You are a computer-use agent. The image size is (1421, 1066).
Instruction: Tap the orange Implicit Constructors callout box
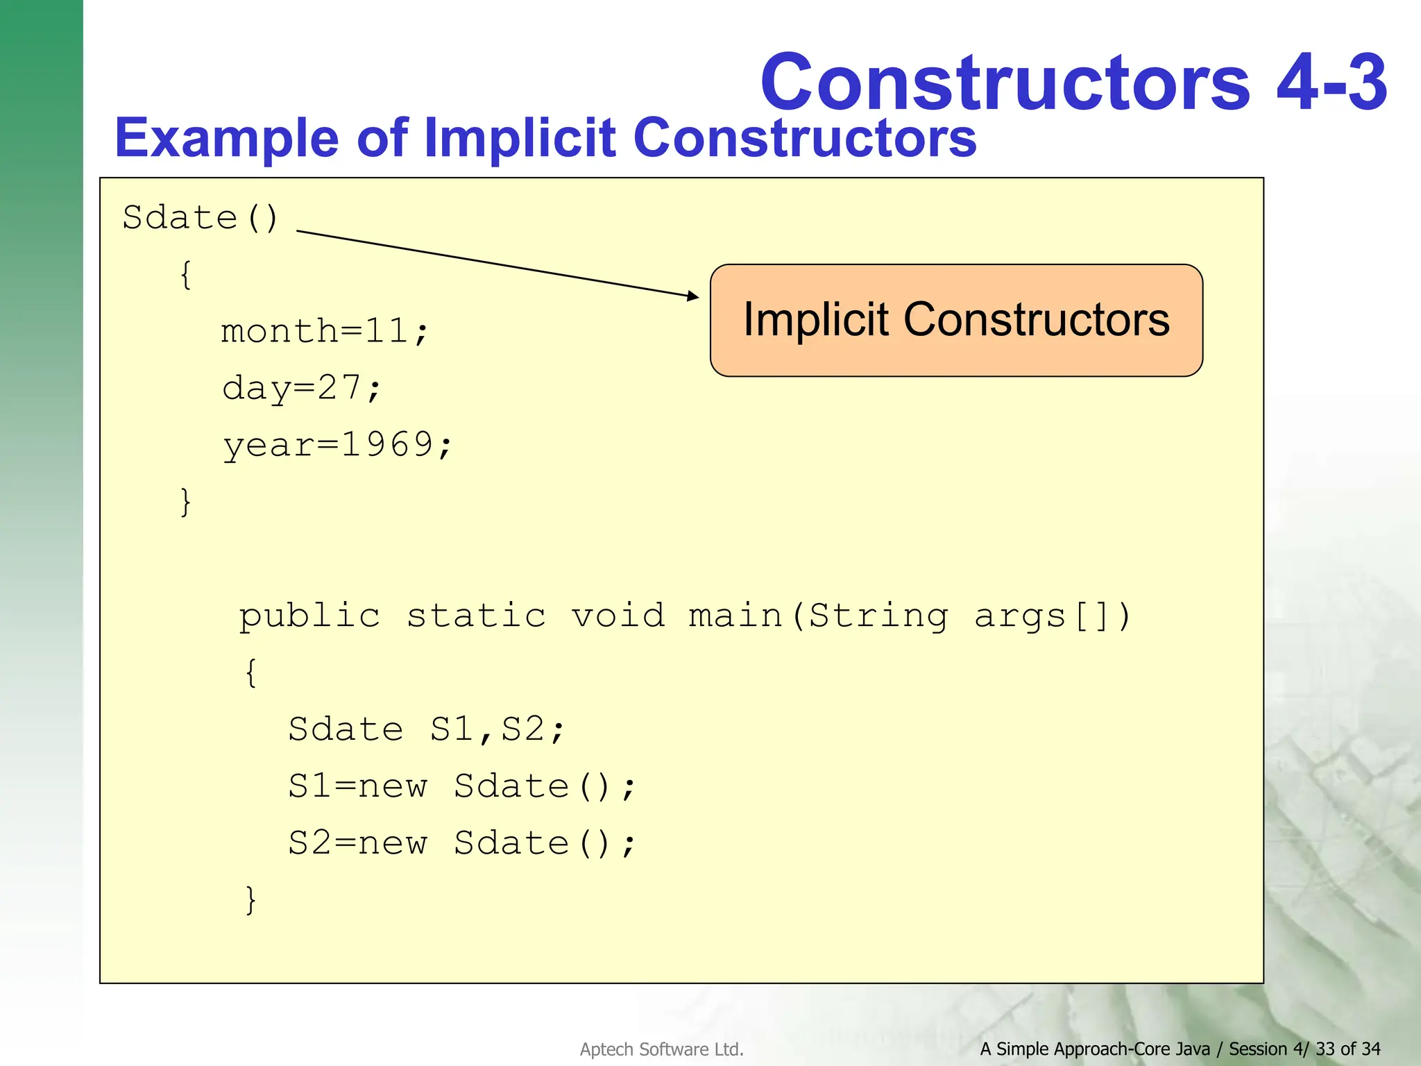(x=956, y=321)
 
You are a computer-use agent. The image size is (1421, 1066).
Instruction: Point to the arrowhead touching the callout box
(x=693, y=296)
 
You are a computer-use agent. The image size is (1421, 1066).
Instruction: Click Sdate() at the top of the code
(x=201, y=218)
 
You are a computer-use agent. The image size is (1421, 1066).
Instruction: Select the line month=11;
(x=325, y=331)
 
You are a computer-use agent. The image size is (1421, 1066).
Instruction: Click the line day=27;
(x=301, y=388)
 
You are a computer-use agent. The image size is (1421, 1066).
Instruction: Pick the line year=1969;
(x=337, y=445)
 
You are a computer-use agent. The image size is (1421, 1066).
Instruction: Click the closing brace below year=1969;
(x=185, y=502)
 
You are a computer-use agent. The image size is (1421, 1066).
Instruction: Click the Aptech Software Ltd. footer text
(x=661, y=1049)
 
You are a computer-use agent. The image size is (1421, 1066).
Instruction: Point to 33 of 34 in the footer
(x=1347, y=1049)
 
